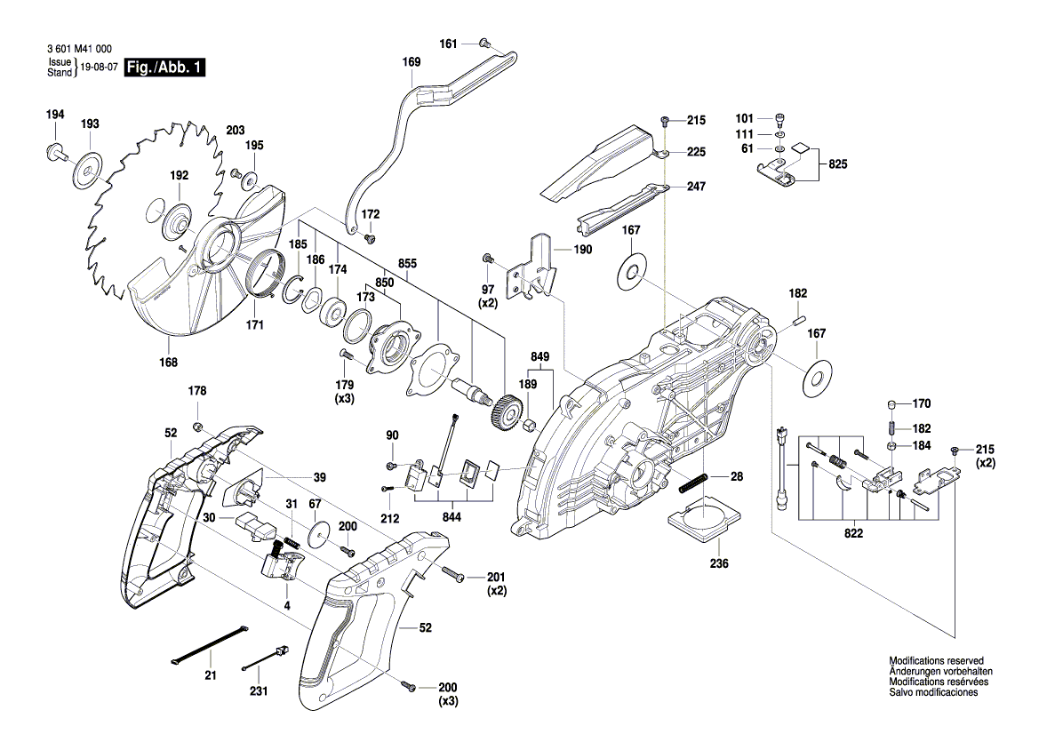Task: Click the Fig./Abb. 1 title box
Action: (x=165, y=68)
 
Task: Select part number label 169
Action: (x=412, y=62)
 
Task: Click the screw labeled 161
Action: (x=484, y=42)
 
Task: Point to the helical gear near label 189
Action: (x=503, y=413)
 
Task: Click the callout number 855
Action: (x=408, y=264)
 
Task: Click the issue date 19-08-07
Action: (x=98, y=68)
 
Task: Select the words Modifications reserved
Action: (x=936, y=661)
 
